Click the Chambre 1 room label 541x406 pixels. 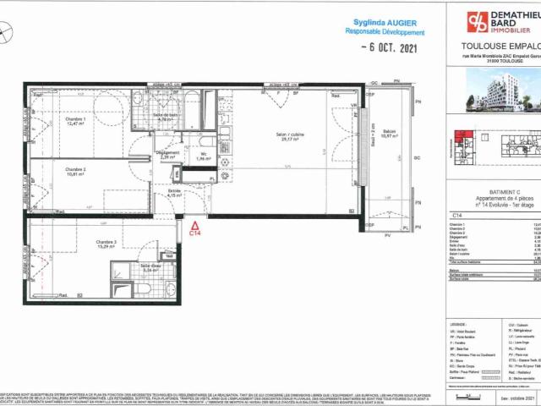pos(76,120)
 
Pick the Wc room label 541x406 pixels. pos(203,154)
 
